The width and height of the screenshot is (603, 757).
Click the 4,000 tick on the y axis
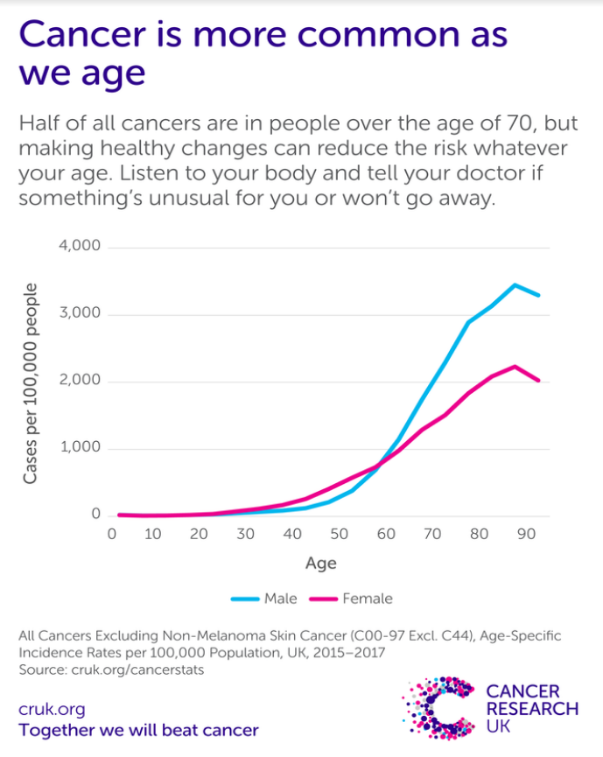point(80,247)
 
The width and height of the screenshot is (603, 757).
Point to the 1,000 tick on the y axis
point(80,448)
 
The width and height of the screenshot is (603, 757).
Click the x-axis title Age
point(320,563)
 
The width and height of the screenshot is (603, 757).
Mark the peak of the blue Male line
point(515,284)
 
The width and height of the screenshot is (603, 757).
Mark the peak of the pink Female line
point(515,366)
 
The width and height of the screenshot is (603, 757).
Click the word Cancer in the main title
point(87,36)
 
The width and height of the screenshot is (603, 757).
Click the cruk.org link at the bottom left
point(52,710)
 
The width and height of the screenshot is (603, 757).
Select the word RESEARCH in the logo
point(532,709)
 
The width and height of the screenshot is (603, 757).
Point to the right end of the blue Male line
point(539,296)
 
